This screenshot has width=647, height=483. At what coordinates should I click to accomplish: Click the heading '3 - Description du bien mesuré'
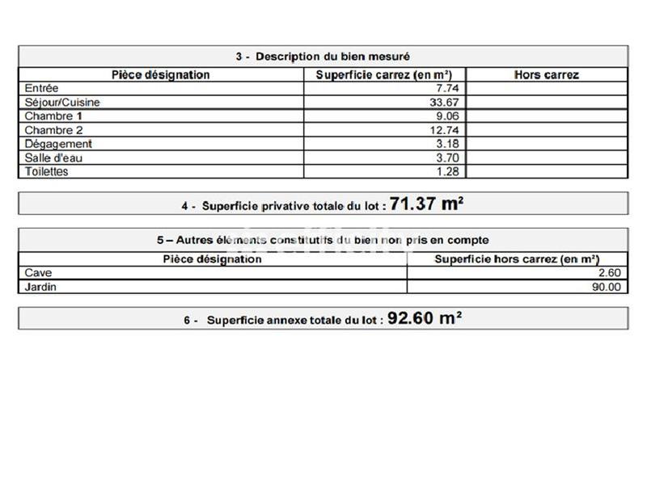pos(323,57)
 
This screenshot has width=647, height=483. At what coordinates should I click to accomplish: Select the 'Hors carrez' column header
pos(546,75)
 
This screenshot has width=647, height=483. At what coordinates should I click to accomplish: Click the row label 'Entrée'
pos(41,89)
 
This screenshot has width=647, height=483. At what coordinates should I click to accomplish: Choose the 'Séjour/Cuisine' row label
pos(62,103)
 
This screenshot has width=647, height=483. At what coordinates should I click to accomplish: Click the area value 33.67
pos(444,103)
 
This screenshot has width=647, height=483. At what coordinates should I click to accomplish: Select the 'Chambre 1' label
pos(53,116)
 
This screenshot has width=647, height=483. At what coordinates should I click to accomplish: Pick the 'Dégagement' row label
pos(58,144)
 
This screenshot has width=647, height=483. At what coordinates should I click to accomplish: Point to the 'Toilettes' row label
pos(46,171)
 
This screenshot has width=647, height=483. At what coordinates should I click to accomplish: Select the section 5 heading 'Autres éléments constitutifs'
pos(323,240)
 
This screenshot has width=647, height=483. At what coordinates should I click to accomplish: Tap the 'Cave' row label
pos(38,273)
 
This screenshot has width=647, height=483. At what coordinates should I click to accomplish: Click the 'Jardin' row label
pos(40,287)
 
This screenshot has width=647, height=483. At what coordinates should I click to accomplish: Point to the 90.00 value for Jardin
pos(606,287)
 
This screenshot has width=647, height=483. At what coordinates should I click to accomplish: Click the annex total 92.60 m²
pos(425,318)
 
